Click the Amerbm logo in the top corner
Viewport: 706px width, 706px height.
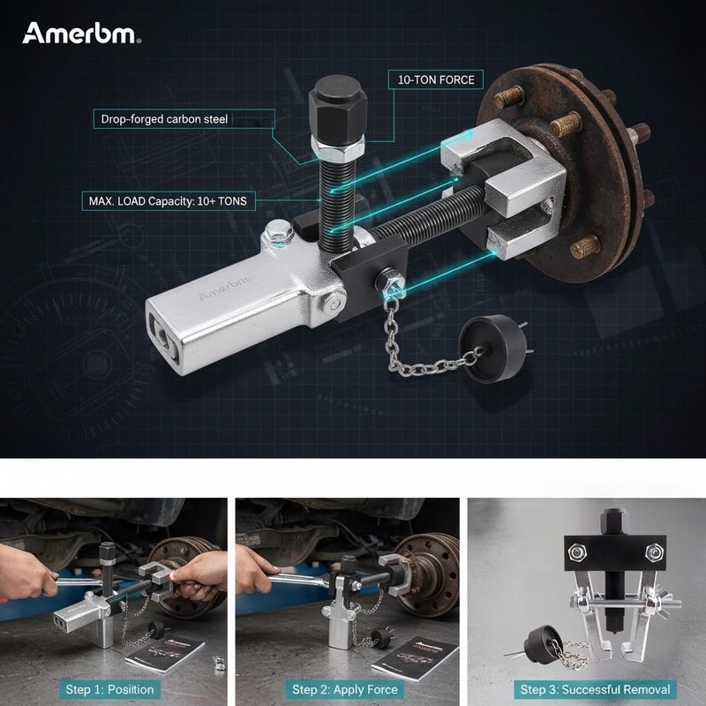click(81, 34)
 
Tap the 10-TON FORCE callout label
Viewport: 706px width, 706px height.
click(435, 79)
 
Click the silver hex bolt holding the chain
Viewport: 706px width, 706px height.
click(389, 282)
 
